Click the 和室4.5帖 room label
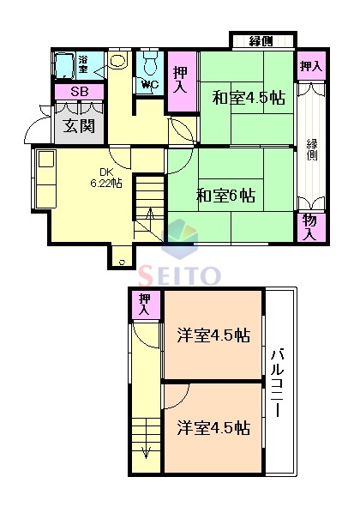[248, 97]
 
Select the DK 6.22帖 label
[106, 177]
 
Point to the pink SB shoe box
[78, 92]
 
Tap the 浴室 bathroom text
[84, 63]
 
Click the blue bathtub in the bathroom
[63, 65]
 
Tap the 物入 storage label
[309, 226]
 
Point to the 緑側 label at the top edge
[261, 41]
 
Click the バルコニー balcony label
[278, 383]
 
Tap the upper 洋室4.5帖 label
[213, 335]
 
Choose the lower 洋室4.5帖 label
[213, 426]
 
